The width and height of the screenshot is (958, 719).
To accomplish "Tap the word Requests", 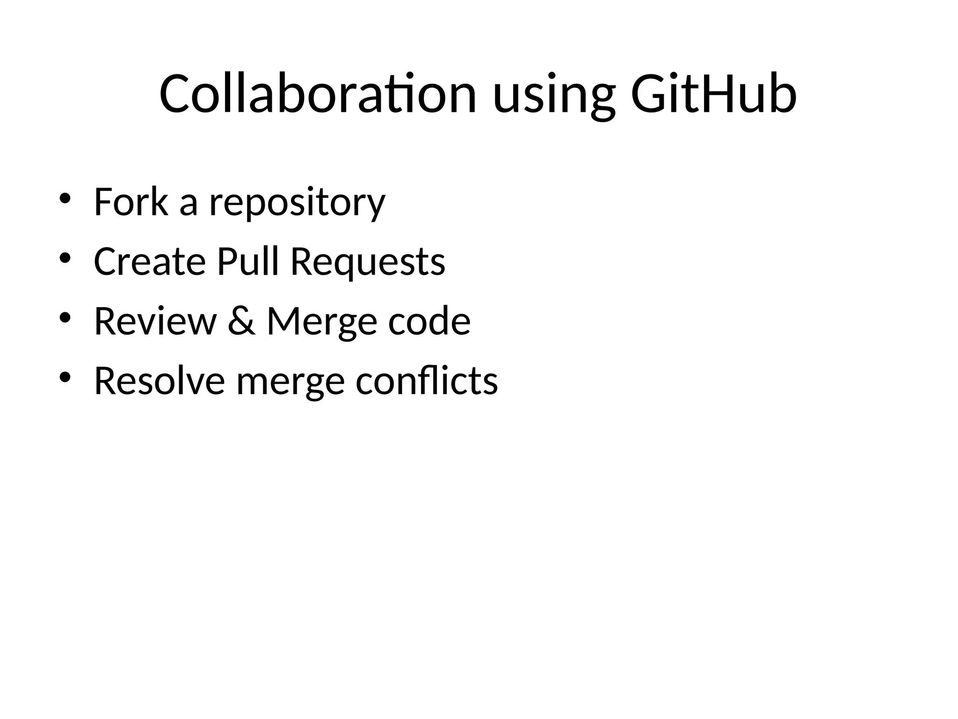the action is pos(368,263).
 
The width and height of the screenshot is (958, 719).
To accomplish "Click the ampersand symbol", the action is pos(242,321).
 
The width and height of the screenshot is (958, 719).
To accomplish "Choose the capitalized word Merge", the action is pos(322,323).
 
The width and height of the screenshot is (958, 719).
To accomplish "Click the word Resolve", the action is pos(160,381).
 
